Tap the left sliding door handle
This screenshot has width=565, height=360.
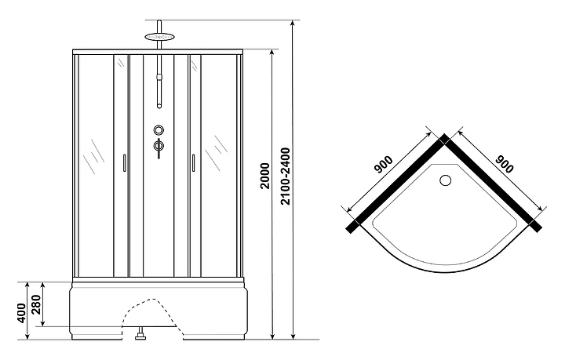[125, 162]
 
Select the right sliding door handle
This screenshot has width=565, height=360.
[191, 162]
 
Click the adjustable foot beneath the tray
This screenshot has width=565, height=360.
[140, 338]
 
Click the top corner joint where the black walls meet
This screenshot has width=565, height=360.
[445, 139]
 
